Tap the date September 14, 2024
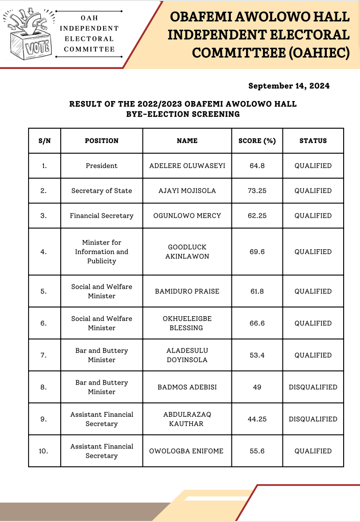point(289,86)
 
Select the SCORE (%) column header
point(257,140)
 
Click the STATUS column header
point(313,140)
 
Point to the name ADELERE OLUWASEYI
point(187,165)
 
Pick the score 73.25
point(257,191)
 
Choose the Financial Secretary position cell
point(102,216)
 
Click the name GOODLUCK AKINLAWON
point(187,252)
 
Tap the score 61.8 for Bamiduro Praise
point(257,291)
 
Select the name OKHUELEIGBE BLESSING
point(187,323)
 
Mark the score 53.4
point(257,355)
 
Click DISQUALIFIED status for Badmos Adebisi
point(313,387)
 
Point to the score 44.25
point(257,419)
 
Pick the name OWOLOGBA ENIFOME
point(187,451)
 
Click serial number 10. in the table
point(44,451)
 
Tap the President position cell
point(102,165)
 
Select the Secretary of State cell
point(102,191)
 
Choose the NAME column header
point(187,140)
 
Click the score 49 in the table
point(257,387)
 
